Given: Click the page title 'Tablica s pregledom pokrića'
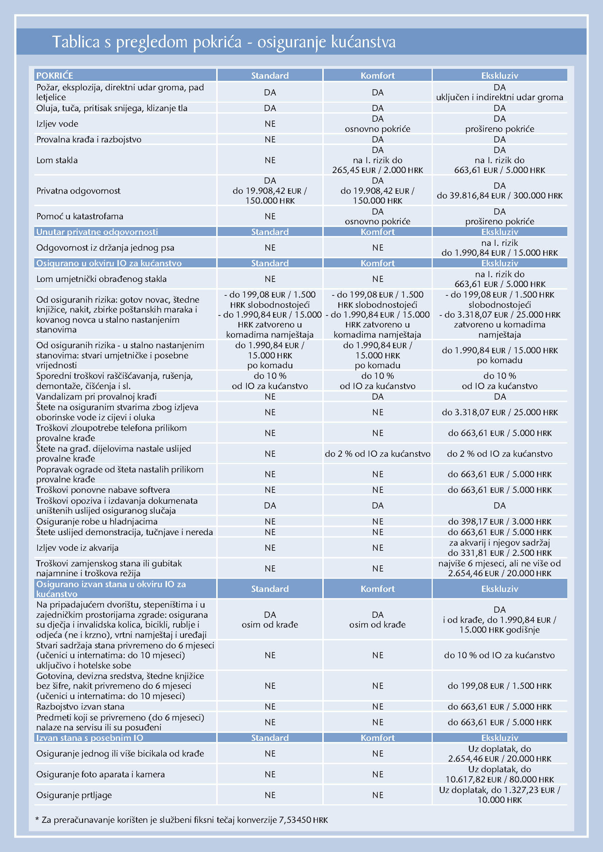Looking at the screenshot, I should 147,42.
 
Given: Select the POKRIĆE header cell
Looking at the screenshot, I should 55,75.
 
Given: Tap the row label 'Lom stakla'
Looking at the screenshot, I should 57,160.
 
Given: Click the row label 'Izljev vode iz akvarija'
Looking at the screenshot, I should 77,547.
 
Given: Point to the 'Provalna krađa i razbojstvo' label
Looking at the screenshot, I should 89,139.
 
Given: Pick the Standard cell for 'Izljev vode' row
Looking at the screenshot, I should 270,123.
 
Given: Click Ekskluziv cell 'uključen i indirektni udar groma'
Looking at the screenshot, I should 499,97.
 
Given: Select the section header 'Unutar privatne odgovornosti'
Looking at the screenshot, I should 97,232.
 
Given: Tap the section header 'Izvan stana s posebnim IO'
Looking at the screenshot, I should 89,737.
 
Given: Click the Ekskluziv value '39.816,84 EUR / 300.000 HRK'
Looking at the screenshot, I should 499,196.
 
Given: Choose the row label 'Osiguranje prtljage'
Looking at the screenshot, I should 74,795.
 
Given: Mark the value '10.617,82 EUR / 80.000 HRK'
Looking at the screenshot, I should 499,779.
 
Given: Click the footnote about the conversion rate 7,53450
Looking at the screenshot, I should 182,820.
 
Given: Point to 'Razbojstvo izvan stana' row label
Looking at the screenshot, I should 80,706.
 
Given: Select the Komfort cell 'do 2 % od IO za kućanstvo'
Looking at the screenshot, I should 378,454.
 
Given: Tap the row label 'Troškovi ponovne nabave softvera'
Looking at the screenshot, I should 103,490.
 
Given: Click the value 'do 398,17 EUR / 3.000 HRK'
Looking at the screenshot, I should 499,521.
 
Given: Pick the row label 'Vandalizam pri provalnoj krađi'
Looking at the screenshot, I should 96,396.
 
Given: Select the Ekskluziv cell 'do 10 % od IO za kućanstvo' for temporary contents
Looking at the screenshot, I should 499,655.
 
